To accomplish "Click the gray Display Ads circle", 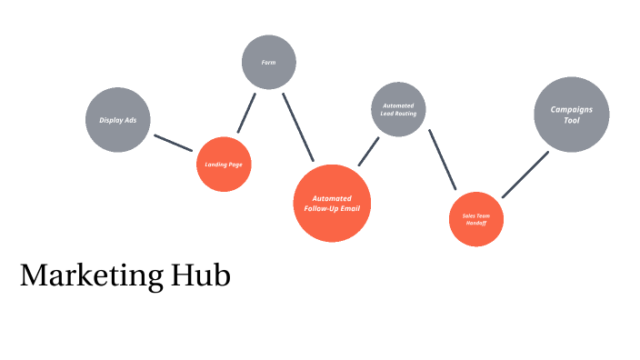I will point(118,119).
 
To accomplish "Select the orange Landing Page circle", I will point(224,165).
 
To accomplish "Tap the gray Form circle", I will point(269,62).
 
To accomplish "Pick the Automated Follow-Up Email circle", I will point(333,203).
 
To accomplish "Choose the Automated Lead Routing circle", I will point(398,110).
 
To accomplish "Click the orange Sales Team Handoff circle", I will point(475,218).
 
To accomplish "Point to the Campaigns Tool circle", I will point(571,114).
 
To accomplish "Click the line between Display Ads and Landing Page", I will point(173,143).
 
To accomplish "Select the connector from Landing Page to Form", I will point(246,112).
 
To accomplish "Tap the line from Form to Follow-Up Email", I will point(298,127).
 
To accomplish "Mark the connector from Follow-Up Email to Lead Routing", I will point(368,152).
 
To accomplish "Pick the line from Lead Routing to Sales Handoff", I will point(443,159).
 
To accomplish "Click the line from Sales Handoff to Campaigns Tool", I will point(525,174).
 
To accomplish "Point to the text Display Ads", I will point(118,120).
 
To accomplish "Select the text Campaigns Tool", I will point(571,115).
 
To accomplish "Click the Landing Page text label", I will point(224,165).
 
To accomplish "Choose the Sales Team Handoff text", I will point(475,219).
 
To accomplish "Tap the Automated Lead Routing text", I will point(398,110).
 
